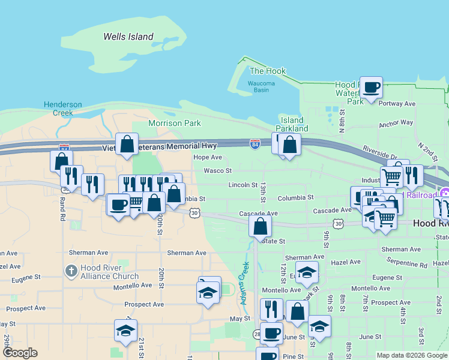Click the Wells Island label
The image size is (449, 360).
tap(128, 37)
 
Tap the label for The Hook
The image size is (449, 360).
tap(268, 71)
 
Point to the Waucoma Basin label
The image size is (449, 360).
tap(261, 86)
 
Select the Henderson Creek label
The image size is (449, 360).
tap(62, 109)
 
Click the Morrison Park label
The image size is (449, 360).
tap(174, 123)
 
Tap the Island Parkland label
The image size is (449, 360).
tap(292, 125)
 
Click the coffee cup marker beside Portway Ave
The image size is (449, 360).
tap(372, 88)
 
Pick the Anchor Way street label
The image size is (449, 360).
tap(396, 123)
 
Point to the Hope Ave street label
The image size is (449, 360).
tap(208, 157)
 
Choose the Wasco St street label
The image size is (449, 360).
tap(214, 171)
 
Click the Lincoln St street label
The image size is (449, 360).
tap(243, 185)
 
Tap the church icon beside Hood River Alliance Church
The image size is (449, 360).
tap(71, 271)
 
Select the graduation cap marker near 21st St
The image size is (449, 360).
tap(126, 331)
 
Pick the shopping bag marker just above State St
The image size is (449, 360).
tap(261, 226)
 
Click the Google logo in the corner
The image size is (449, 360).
tap(20, 353)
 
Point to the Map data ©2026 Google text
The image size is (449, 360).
tap(411, 355)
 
